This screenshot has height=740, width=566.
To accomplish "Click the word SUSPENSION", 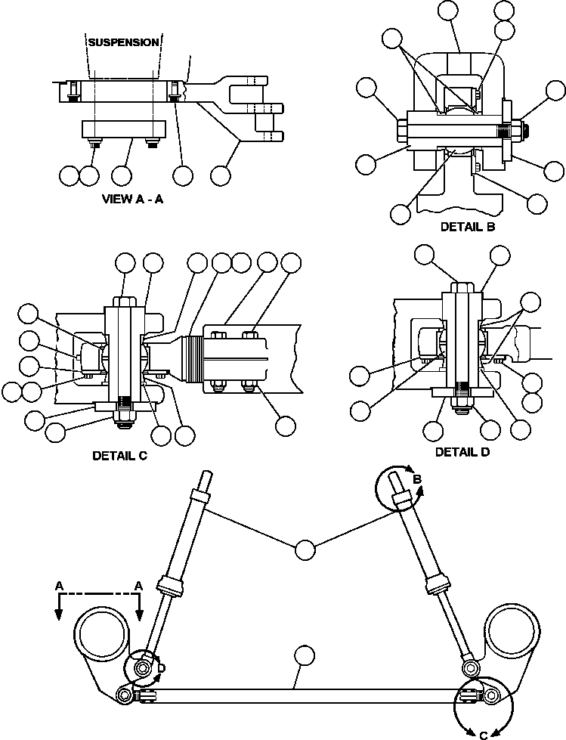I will coord(123,42).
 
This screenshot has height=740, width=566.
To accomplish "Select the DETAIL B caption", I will coord(468,226).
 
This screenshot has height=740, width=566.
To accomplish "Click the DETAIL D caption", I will coord(462,452).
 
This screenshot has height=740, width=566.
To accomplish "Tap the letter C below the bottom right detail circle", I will coord(484,733).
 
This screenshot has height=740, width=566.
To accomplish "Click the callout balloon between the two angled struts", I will coord(305,550).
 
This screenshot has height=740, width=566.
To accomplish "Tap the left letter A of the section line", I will coord(59,586).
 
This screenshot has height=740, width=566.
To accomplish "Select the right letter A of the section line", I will coord(139,586).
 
